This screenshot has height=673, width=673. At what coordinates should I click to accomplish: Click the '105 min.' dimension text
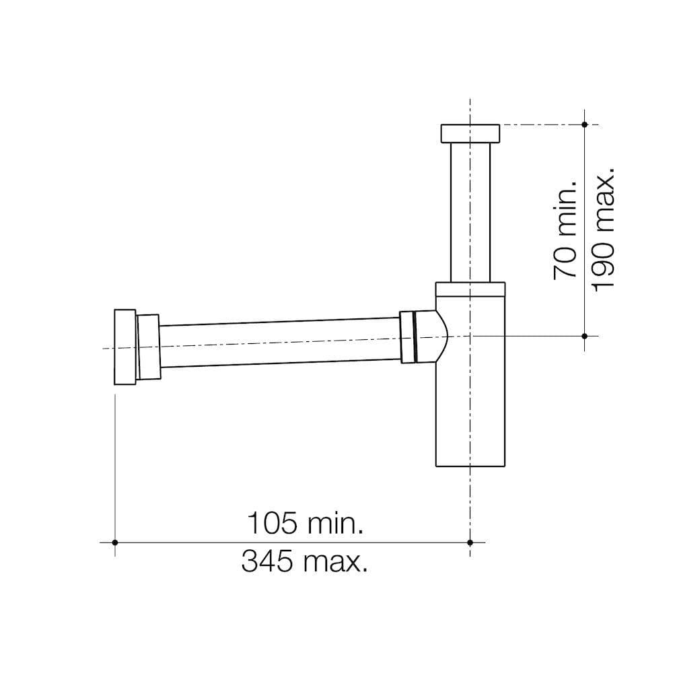tap(306, 523)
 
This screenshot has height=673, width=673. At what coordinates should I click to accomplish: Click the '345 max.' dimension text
tap(304, 561)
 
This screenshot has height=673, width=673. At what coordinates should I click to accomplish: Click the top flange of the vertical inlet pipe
tap(470, 133)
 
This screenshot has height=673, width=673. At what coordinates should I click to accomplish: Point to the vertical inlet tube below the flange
tap(470, 212)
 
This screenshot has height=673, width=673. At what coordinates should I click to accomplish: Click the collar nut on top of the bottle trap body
tap(470, 289)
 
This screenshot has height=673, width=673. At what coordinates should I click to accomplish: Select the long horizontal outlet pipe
tap(279, 343)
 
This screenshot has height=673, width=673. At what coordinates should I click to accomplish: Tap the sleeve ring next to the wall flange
tap(148, 347)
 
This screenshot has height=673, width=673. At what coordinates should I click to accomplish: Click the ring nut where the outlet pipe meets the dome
tap(408, 337)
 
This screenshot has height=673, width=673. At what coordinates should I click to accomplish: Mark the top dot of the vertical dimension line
tap(584, 125)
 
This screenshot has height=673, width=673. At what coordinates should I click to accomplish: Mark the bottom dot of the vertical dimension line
tap(584, 335)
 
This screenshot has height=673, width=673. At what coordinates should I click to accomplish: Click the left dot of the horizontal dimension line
tap(115, 542)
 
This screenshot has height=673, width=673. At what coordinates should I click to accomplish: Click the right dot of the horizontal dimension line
tap(470, 542)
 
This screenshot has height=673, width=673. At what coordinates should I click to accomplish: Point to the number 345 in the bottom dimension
tap(268, 561)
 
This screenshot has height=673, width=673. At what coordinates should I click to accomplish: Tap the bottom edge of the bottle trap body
tap(470, 466)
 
